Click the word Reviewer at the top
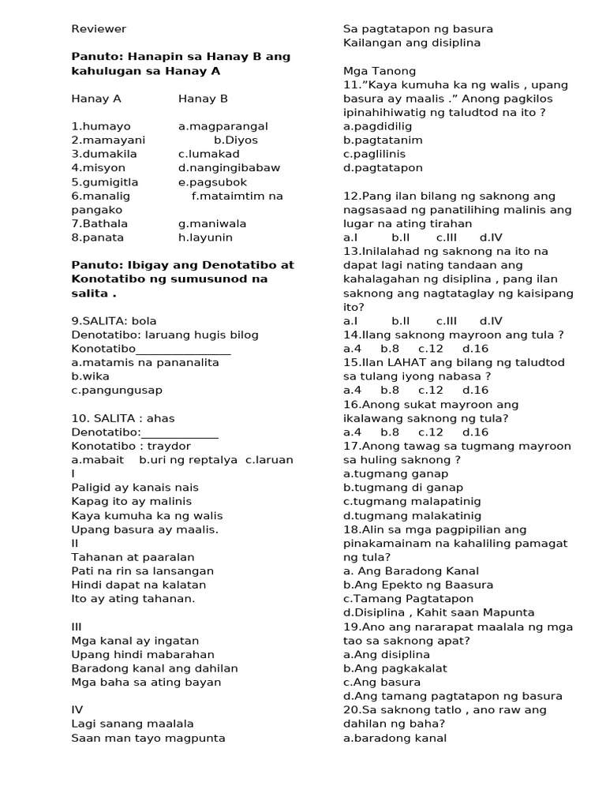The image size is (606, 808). point(99,29)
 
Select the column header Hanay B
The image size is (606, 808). point(203,99)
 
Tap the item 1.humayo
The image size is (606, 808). point(101,126)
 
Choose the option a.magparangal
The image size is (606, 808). point(223,126)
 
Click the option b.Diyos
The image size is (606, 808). point(236,140)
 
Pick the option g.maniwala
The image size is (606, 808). point(212,223)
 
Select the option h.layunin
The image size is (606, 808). point(205,238)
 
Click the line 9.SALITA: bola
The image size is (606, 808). point(114,320)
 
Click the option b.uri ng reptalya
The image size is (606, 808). point(189,459)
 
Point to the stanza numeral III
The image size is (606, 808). point(77,627)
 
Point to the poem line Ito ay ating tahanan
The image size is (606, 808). point(133,599)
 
